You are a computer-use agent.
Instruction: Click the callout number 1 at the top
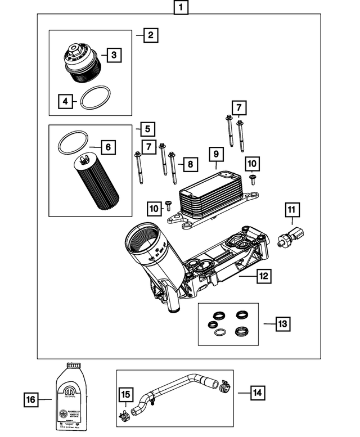[x=180, y=8]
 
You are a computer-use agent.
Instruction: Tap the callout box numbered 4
[x=66, y=101]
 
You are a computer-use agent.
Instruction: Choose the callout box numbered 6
[x=107, y=148]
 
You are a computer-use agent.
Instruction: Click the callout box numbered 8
[x=190, y=164]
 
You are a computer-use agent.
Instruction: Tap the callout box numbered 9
[x=215, y=154]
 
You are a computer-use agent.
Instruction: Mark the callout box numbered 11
[x=291, y=210]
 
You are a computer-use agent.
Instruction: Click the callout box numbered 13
[x=283, y=323]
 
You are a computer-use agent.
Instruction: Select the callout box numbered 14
[x=258, y=392]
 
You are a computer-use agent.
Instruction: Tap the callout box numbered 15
[x=125, y=394]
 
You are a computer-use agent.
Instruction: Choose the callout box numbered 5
[x=147, y=129]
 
